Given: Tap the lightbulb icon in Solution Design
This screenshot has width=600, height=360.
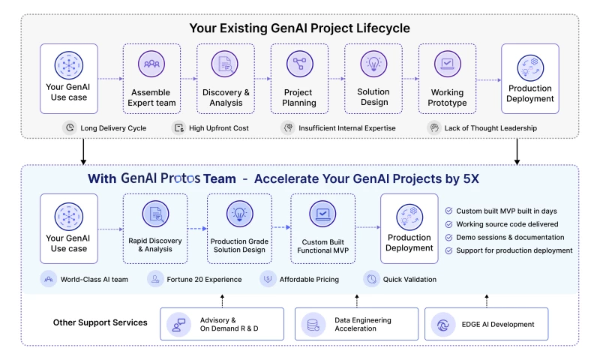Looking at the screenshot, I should [x=373, y=64].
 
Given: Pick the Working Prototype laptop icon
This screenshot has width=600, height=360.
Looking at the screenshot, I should [x=447, y=64].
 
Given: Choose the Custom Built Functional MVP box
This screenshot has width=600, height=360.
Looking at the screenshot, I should [x=322, y=228].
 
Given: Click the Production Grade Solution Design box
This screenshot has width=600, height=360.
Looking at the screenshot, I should [x=239, y=228].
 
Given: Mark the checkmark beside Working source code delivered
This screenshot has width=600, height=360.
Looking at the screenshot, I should [x=449, y=224].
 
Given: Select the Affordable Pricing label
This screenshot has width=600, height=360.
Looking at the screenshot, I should [x=309, y=280].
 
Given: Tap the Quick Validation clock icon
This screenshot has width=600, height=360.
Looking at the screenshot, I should [x=371, y=279].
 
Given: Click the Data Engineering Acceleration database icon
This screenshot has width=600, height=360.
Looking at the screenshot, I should [x=311, y=325].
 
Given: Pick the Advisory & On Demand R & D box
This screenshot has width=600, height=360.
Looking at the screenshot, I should [x=223, y=325].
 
